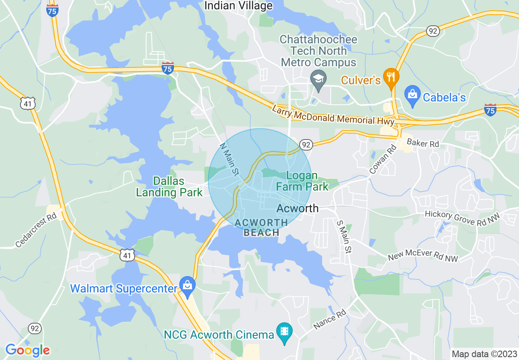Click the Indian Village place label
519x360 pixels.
point(238,6)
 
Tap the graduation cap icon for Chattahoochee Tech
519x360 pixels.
point(318,77)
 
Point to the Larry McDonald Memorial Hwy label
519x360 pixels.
point(333,115)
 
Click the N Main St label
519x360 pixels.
point(229,160)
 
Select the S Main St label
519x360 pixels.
point(343,236)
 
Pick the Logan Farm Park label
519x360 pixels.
point(302,181)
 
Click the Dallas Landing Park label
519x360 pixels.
point(169,187)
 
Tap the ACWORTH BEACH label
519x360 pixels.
point(261,227)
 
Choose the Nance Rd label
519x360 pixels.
point(330,320)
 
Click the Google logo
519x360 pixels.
point(27,350)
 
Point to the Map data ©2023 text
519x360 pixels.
point(483,354)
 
